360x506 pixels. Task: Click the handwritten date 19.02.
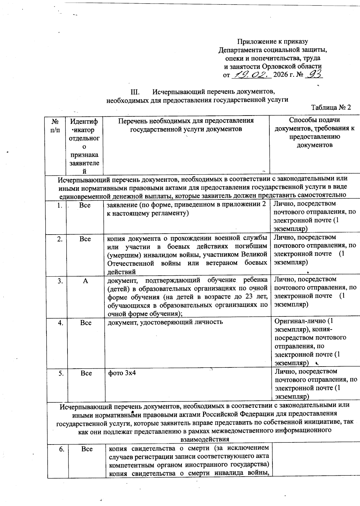251,74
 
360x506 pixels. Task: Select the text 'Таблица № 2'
331,108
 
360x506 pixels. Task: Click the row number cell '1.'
60,205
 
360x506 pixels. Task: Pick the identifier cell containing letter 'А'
85,281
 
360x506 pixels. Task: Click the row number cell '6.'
61,449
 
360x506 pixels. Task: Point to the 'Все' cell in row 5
86,373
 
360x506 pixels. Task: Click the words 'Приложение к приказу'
272,41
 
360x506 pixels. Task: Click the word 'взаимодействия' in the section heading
204,439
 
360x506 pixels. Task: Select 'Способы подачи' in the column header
314,120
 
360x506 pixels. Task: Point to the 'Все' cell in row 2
85,239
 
